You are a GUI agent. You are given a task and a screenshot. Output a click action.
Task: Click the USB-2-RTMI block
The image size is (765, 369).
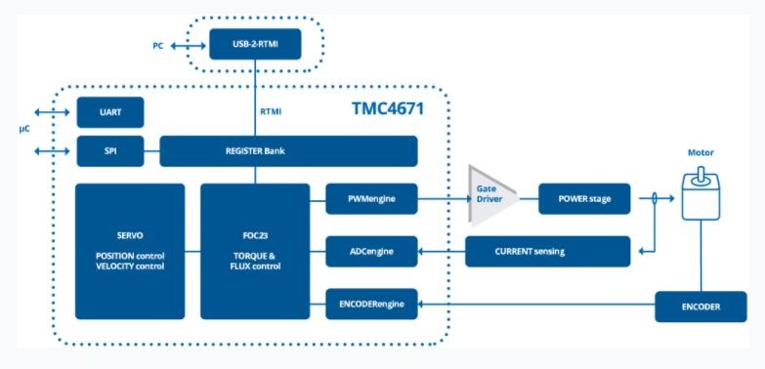pyautogui.click(x=255, y=44)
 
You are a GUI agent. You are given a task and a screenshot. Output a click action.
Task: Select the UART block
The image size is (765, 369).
pyautogui.click(x=110, y=112)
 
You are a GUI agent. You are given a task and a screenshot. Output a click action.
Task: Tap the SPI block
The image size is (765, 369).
pyautogui.click(x=110, y=151)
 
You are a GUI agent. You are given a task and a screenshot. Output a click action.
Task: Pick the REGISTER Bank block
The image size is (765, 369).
pyautogui.click(x=288, y=151)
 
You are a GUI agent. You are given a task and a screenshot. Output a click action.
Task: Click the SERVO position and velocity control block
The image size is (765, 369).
pyautogui.click(x=130, y=252)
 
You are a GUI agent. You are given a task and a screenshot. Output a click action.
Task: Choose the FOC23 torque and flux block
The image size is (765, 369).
pyautogui.click(x=255, y=252)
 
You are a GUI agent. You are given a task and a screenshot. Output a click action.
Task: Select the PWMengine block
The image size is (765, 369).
pyautogui.click(x=372, y=199)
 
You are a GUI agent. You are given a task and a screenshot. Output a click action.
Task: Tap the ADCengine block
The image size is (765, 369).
pyautogui.click(x=372, y=252)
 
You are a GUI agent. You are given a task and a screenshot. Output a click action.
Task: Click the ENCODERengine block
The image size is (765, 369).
pyautogui.click(x=372, y=305)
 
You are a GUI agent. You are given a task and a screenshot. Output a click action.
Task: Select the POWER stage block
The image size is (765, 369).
pyautogui.click(x=584, y=199)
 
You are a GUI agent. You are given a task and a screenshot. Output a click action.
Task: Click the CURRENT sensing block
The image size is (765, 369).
pyautogui.click(x=548, y=252)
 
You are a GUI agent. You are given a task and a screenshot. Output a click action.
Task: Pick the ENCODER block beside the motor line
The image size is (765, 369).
pyautogui.click(x=701, y=307)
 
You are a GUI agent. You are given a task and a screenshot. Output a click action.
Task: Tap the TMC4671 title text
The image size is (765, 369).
pyautogui.click(x=388, y=108)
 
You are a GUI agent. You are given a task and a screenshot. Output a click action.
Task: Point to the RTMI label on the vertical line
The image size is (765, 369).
pyautogui.click(x=271, y=111)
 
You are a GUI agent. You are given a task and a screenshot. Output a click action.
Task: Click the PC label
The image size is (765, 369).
pyautogui.click(x=157, y=46)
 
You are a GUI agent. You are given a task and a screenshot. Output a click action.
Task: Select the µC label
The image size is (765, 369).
pyautogui.click(x=24, y=130)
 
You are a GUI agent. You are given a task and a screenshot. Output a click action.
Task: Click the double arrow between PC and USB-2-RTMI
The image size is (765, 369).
pyautogui.click(x=188, y=46)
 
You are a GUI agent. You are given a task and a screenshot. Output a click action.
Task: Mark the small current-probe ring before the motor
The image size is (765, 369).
pyautogui.click(x=654, y=198)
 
